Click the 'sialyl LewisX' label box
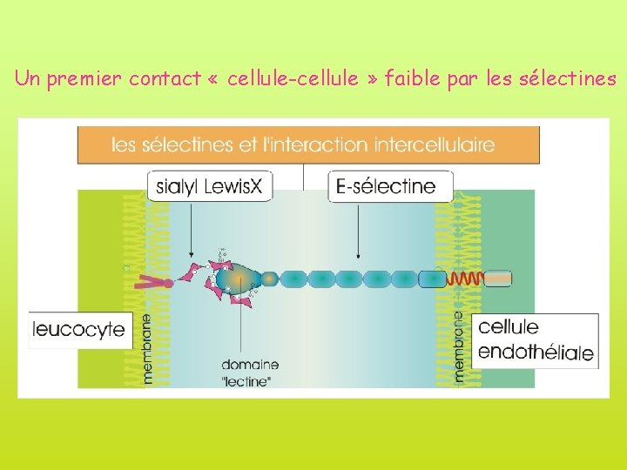(x=210, y=186)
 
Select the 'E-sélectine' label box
(x=391, y=186)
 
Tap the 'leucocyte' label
(x=78, y=330)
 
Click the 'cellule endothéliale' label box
(x=536, y=339)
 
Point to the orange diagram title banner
(x=308, y=144)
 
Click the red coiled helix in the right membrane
(x=465, y=279)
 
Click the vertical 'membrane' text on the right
(x=460, y=347)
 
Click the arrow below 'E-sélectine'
(x=359, y=231)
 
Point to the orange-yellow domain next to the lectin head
(x=270, y=279)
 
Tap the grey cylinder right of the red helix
(x=498, y=279)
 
